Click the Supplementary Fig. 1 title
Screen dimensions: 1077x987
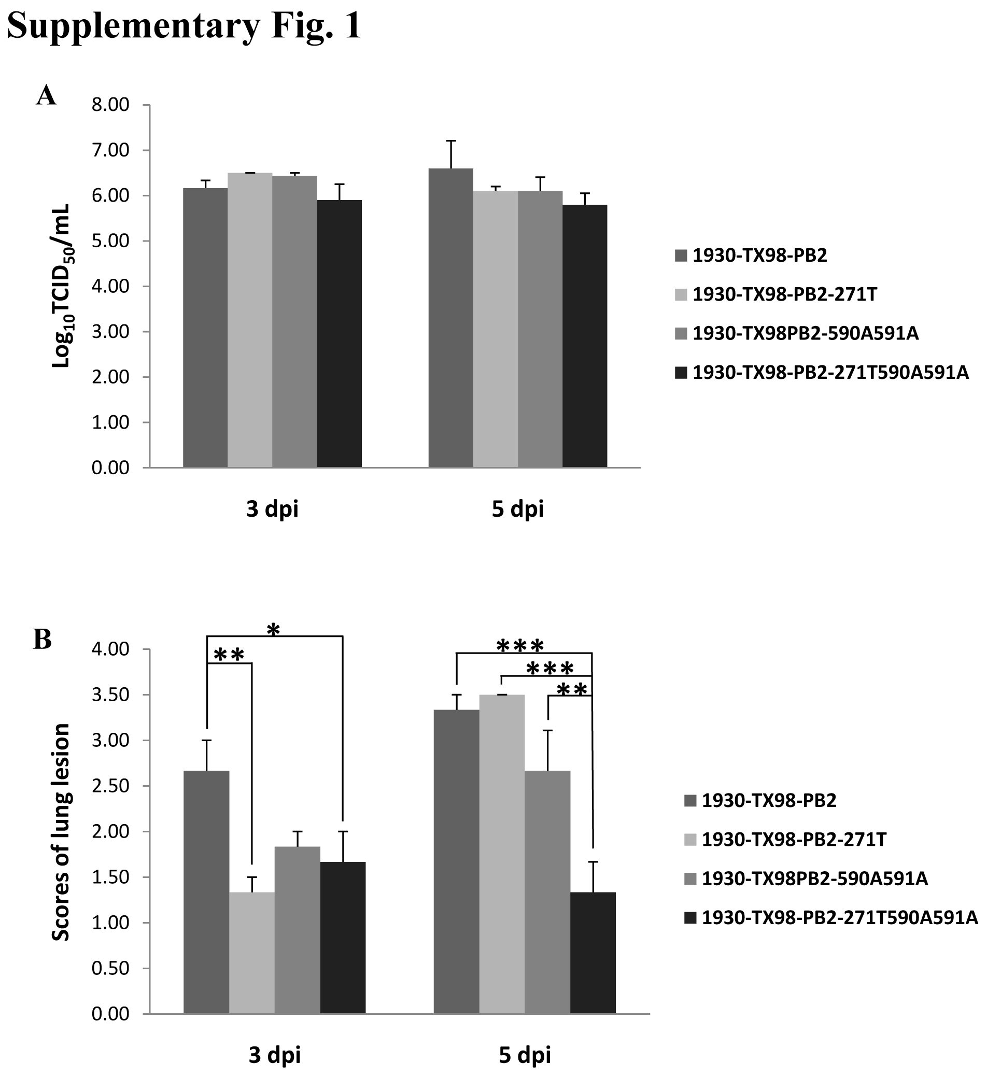tap(185, 25)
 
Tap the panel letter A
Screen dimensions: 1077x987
tap(46, 96)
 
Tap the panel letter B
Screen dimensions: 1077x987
tap(43, 640)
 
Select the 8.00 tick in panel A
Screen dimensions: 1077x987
tap(110, 105)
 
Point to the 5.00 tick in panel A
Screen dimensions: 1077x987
tap(110, 242)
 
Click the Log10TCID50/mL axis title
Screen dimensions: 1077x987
tap(63, 286)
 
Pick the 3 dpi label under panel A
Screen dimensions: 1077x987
tap(272, 509)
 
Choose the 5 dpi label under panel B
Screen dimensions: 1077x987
tap(525, 1055)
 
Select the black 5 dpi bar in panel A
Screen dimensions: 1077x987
tap(585, 336)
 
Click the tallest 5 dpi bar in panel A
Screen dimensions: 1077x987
tap(450, 318)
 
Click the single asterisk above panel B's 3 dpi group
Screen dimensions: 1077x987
tap(273, 630)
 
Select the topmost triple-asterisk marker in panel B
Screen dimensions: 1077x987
tap(520, 646)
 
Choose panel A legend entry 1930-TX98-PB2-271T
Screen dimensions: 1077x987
tap(784, 294)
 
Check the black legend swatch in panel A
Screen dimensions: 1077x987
tap(681, 372)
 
